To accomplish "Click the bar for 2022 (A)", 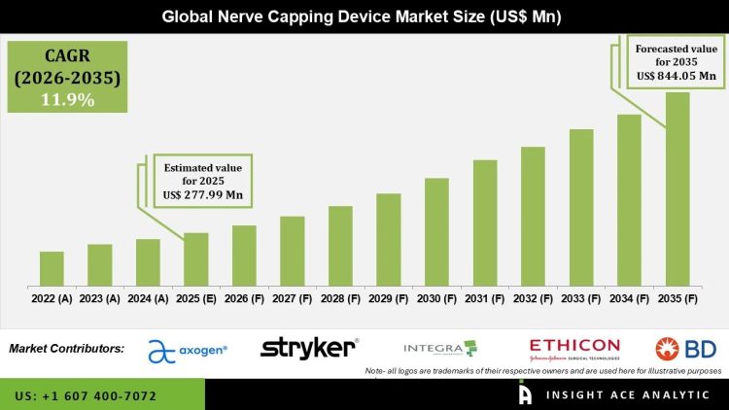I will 52,268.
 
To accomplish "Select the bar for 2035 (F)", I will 677,188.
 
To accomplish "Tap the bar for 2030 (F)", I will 436,231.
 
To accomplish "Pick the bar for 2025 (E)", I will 196,258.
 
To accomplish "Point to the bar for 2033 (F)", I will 581,207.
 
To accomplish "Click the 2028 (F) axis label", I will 340,299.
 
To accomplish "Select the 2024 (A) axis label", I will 148,299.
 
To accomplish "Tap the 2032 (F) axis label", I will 533,299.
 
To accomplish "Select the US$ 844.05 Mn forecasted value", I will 676,75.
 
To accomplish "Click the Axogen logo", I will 188,350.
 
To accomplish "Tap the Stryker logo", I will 309,348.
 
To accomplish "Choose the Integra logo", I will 440,348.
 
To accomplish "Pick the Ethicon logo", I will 573,348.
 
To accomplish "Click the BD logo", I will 684,349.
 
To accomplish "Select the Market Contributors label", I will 66,348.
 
